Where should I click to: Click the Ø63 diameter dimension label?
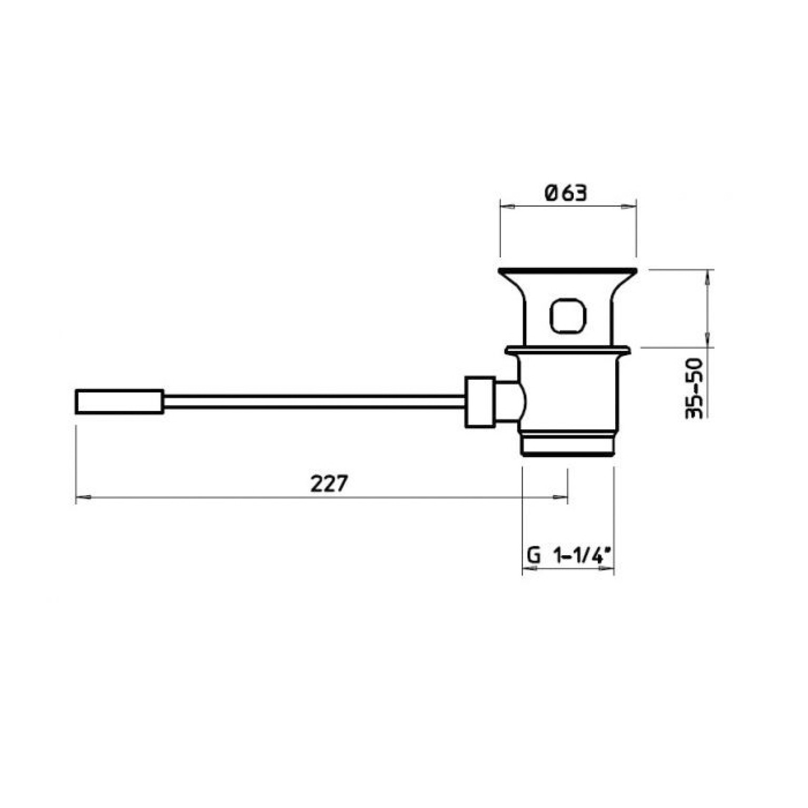(566, 193)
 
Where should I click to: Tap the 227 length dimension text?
(329, 483)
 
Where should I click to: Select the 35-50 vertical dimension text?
(694, 388)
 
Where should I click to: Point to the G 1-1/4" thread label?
(568, 555)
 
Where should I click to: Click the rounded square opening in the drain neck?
(567, 316)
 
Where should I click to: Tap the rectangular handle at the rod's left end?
(120, 402)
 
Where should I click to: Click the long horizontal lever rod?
(314, 402)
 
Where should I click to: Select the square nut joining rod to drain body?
(480, 402)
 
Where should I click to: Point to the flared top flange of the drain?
(568, 274)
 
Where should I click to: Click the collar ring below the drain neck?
(567, 350)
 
